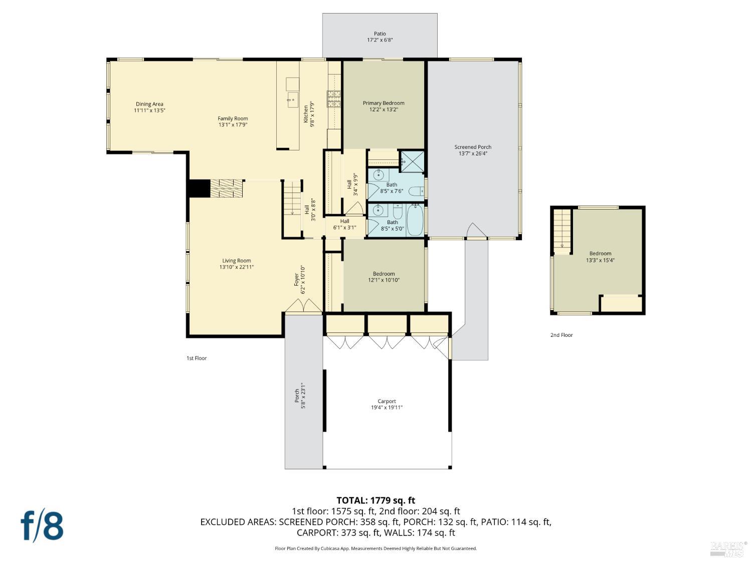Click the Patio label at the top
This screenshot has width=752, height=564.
380,34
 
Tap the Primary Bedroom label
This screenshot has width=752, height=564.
384,103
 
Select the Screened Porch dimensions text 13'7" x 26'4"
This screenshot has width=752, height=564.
473,154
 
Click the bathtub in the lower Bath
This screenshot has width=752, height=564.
415,221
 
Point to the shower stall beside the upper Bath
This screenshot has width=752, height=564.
412,161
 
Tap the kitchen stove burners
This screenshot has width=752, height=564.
334,99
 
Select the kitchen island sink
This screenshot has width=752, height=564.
292,99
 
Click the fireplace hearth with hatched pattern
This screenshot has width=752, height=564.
226,189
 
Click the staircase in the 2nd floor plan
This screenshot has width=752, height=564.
562,228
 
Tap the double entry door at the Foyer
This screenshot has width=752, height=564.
303,305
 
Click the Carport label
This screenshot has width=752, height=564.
387,401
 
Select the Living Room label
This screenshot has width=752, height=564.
237,261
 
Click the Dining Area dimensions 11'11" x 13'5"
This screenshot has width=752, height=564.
149,110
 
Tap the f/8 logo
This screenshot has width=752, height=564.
42,525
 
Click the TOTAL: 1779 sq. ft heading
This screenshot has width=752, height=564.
375,500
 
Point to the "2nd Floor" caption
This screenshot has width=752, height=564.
561,335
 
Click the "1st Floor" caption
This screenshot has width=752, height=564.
197,358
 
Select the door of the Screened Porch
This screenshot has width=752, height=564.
476,231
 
